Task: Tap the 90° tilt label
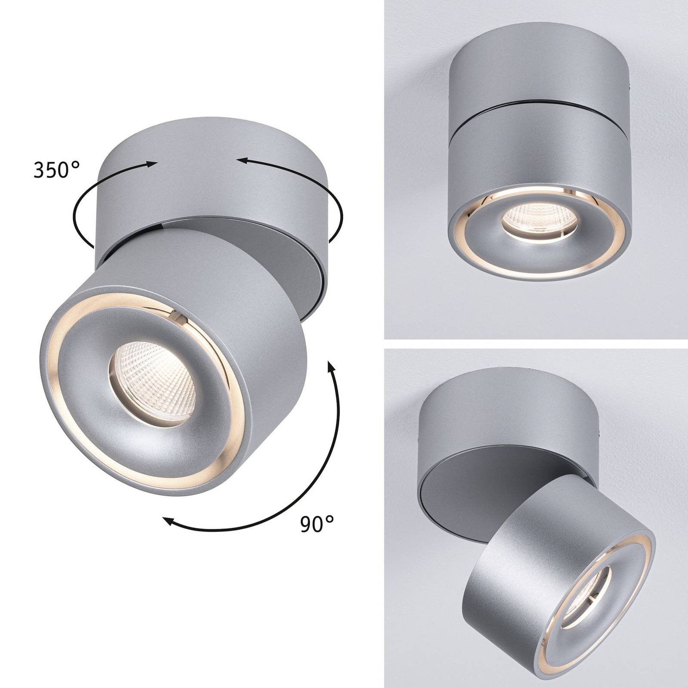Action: tap(317, 524)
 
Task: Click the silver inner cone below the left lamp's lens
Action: tap(172, 434)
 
